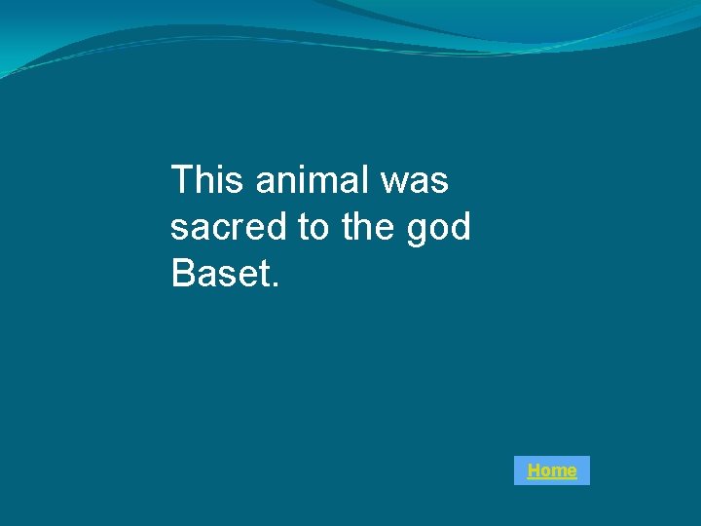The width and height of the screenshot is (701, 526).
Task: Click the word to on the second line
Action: pyautogui.click(x=314, y=227)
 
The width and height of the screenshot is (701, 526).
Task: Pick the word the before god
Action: pyautogui.click(x=369, y=227)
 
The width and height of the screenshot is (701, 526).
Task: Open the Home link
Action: pyautogui.click(x=551, y=470)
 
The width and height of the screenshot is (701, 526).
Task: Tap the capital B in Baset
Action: pyautogui.click(x=182, y=274)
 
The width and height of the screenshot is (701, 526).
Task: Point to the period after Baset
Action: pyautogui.click(x=276, y=285)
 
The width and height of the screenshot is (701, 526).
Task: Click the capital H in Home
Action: pyautogui.click(x=534, y=470)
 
